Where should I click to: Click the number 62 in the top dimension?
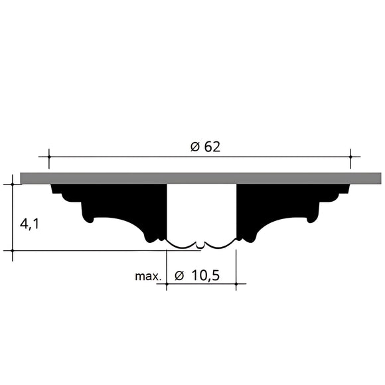pyautogui.click(x=212, y=147)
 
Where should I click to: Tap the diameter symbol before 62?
pyautogui.click(x=194, y=147)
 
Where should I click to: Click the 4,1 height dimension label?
pyautogui.click(x=29, y=224)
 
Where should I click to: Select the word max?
pyautogui.click(x=148, y=275)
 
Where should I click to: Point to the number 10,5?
pyautogui.click(x=205, y=275)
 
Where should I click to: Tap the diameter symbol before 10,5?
pyautogui.click(x=179, y=275)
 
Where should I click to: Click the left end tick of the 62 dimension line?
pyautogui.click(x=48, y=157)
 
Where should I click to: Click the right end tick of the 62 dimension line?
pyautogui.click(x=350, y=157)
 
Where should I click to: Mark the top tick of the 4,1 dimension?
pyautogui.click(x=13, y=184)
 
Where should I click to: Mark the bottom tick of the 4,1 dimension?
pyautogui.click(x=13, y=251)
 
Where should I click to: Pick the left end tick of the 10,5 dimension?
pyautogui.click(x=166, y=284)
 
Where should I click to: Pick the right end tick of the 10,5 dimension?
pyautogui.click(x=236, y=284)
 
